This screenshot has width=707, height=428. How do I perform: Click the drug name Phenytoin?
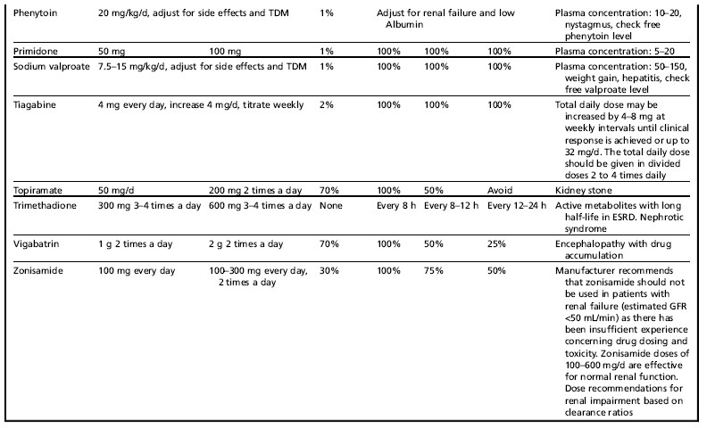point(35,13)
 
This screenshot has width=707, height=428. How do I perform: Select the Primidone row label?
point(35,52)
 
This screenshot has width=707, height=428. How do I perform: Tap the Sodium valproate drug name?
point(52,67)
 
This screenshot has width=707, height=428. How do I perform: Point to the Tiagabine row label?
point(34,105)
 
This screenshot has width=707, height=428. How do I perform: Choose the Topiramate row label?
point(37,191)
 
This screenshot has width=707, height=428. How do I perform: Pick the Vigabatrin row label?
point(36,244)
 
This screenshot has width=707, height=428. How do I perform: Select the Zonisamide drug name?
point(37,271)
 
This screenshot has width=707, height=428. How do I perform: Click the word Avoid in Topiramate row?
point(500,191)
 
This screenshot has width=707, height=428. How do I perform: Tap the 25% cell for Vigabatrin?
point(496,244)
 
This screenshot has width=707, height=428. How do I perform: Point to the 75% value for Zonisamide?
point(434,271)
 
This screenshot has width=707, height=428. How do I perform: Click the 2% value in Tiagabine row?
point(327,105)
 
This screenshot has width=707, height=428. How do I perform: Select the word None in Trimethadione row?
point(331,206)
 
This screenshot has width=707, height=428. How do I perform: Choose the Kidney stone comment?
point(584,191)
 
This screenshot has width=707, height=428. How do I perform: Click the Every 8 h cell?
point(396,206)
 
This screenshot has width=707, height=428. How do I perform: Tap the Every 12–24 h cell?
point(517,206)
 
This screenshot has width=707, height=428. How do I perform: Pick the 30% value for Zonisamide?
point(329,271)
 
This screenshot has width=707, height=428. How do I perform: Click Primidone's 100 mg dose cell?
point(225,52)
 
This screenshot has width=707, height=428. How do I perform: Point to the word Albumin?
point(404,25)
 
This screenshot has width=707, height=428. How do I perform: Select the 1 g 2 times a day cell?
point(136,244)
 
